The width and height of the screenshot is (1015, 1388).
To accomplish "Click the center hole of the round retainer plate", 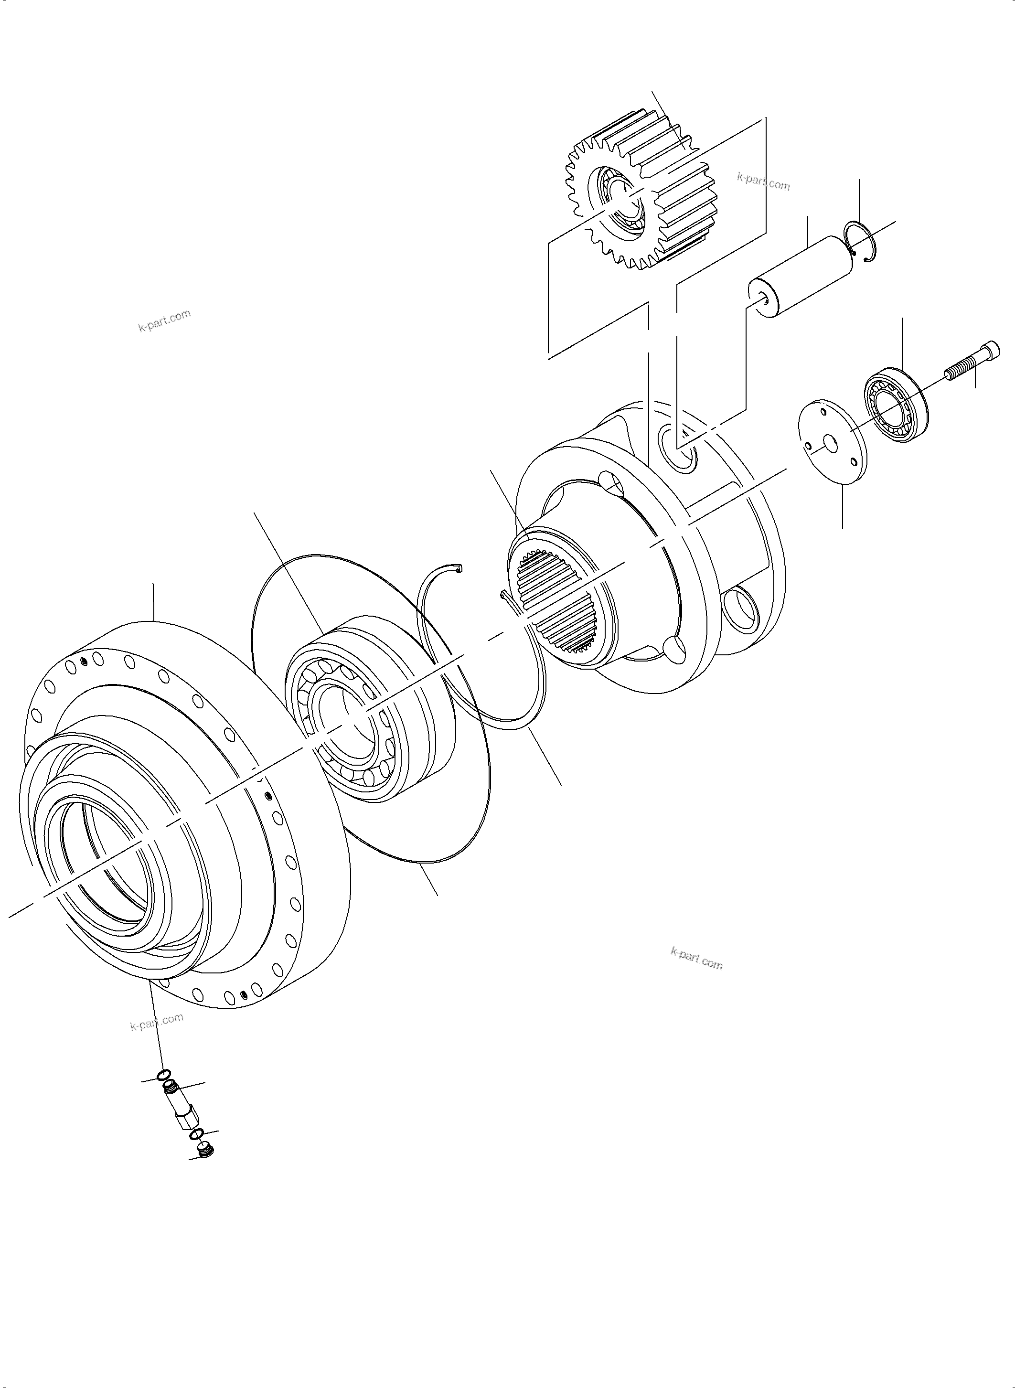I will (830, 442).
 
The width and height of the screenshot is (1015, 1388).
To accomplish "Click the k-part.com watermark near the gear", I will (763, 182).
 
